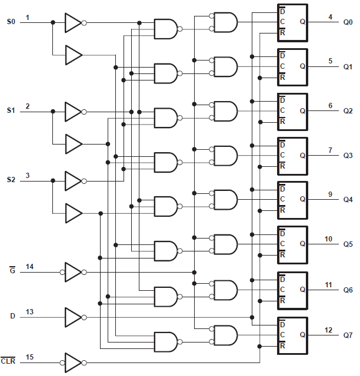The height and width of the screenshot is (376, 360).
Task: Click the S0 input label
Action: [x=11, y=22]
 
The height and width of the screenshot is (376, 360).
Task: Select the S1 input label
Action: [x=11, y=110]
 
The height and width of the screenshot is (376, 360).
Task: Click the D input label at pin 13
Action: [x=12, y=316]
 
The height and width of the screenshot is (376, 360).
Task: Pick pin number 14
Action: [x=29, y=267]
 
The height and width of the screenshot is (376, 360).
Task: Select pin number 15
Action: [x=29, y=357]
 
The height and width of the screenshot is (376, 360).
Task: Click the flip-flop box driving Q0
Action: [x=292, y=23]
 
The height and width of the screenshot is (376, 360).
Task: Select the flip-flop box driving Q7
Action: [x=292, y=335]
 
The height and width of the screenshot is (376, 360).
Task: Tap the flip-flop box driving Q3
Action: [x=292, y=156]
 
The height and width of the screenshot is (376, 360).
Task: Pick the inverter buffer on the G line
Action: [x=73, y=272]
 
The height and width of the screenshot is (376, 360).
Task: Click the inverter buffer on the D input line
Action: [x=73, y=317]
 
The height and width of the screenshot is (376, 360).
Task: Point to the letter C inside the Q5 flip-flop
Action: [x=282, y=244]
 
